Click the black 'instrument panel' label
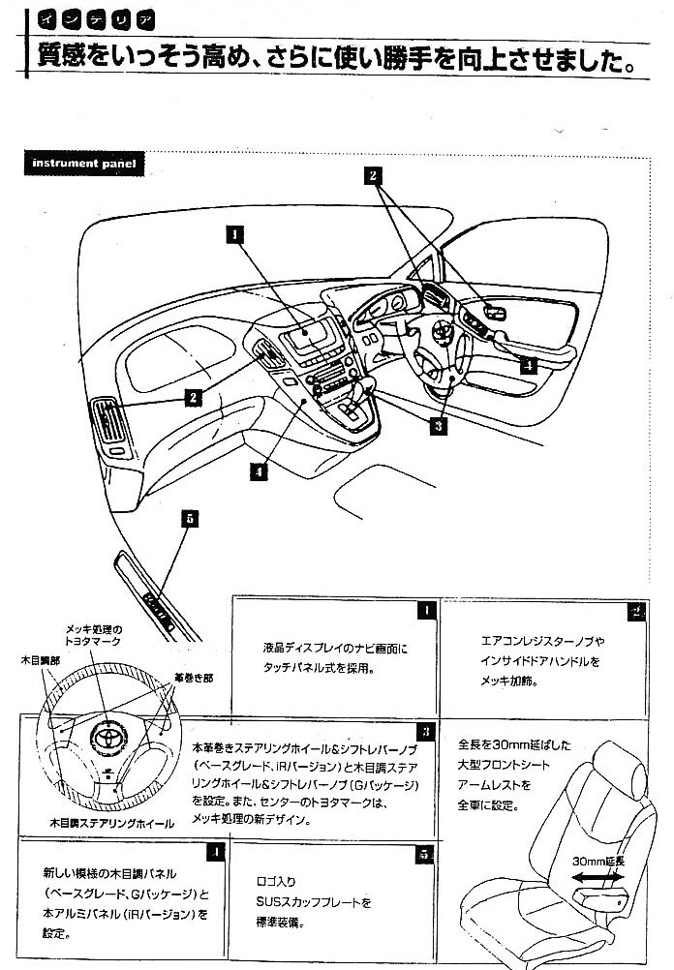click(82, 163)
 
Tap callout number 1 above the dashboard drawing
click(234, 232)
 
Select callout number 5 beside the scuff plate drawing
click(190, 518)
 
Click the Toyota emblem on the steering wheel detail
click(104, 737)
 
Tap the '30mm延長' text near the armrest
click(597, 859)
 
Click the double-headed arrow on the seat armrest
click(597, 876)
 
